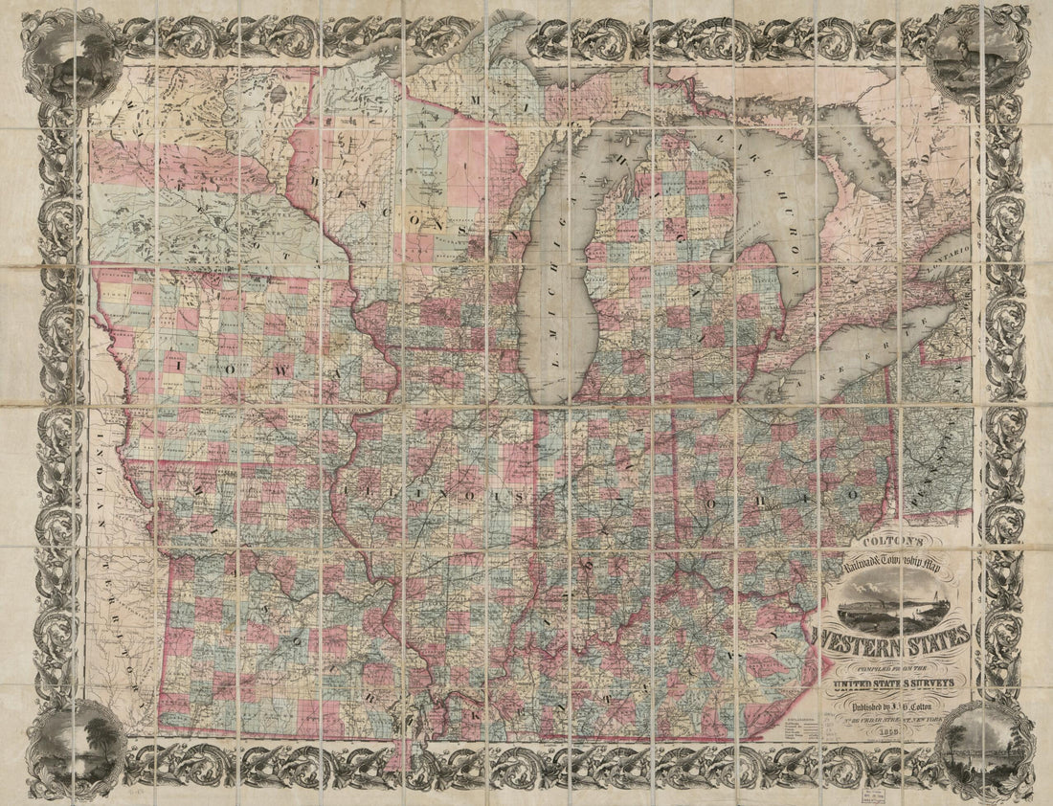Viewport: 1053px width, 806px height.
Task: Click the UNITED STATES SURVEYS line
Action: (x=891, y=683)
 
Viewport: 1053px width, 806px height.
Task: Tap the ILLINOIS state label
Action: (x=430, y=496)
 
